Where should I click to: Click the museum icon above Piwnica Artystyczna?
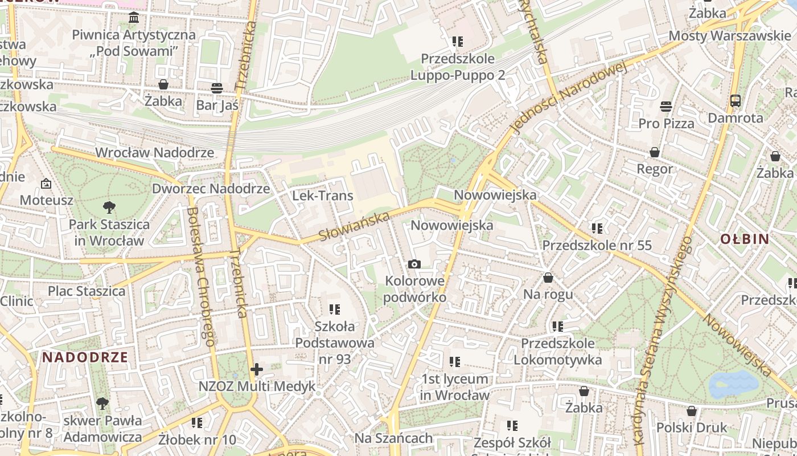click(134, 18)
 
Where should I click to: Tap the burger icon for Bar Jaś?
click(216, 88)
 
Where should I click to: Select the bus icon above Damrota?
click(735, 101)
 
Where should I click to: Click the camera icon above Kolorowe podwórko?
click(414, 264)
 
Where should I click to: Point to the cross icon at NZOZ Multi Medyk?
click(257, 369)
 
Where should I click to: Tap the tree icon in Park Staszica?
click(109, 207)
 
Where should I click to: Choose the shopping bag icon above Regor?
click(655, 152)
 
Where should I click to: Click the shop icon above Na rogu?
click(548, 278)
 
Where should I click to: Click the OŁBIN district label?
click(745, 239)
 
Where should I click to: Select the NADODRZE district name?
click(85, 357)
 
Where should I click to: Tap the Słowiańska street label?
click(354, 226)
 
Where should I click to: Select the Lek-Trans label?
click(322, 196)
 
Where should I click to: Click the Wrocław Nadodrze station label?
click(154, 152)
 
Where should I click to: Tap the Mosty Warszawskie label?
click(729, 35)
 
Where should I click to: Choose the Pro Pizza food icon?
click(666, 107)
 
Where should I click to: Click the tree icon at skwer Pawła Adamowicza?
click(102, 404)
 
